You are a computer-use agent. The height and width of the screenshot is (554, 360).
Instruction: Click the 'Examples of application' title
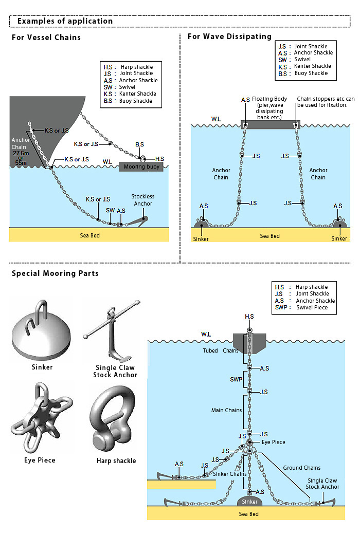(x=65, y=21)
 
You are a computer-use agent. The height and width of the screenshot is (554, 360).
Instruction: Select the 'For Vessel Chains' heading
(x=46, y=38)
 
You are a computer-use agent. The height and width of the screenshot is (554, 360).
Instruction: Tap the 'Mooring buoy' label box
(x=141, y=167)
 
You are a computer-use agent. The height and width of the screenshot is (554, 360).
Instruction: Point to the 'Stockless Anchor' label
(x=143, y=200)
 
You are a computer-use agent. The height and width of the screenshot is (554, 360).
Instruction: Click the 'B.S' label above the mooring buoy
(x=140, y=144)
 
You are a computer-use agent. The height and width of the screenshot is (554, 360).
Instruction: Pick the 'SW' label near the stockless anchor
(x=110, y=211)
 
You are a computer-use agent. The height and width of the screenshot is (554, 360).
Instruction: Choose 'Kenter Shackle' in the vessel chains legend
(x=137, y=94)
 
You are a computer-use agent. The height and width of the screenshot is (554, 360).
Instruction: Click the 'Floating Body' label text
(x=269, y=99)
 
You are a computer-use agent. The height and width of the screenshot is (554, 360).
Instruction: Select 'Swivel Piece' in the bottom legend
(x=312, y=307)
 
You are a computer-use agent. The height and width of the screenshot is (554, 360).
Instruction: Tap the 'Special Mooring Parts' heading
(x=55, y=273)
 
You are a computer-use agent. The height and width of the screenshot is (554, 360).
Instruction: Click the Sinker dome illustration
(x=41, y=330)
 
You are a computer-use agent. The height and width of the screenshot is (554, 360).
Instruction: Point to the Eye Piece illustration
(x=42, y=417)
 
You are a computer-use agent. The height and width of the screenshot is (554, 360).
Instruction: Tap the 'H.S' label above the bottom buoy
(x=249, y=317)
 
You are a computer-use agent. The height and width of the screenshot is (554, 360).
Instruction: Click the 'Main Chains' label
(x=226, y=410)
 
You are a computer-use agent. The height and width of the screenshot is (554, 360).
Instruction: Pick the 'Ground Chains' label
(x=302, y=468)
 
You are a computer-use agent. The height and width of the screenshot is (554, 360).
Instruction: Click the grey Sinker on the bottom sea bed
(x=249, y=502)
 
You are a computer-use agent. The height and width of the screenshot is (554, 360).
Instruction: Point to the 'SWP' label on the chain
(x=236, y=379)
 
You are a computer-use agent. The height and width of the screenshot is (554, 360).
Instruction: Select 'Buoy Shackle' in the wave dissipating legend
(x=311, y=73)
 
